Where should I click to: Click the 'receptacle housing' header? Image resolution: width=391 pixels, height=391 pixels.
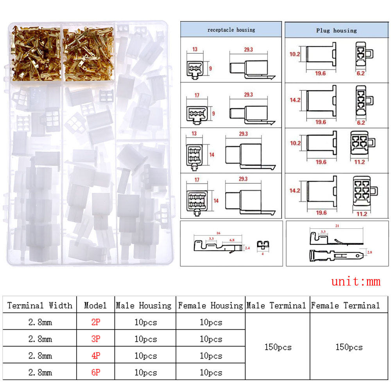[x=231, y=30]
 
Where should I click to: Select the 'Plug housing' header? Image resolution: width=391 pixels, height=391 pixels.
[x=336, y=30]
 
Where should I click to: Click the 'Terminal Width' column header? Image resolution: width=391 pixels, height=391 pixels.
[x=40, y=305]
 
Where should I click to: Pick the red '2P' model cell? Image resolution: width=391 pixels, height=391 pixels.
[x=96, y=323]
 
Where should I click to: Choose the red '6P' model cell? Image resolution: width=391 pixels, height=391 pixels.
[x=96, y=373]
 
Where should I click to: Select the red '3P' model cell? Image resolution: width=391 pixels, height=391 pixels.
[x=96, y=339]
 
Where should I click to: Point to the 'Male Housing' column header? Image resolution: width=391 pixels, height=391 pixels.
[x=143, y=305]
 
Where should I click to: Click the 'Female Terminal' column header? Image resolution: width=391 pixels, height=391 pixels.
[x=345, y=305]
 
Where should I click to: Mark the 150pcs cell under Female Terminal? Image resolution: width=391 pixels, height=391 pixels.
[x=349, y=347]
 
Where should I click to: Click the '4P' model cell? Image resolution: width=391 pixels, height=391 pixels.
[x=96, y=356]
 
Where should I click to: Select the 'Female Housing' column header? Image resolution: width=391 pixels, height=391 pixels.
[x=210, y=305]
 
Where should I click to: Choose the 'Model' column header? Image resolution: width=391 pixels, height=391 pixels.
[x=95, y=305]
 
